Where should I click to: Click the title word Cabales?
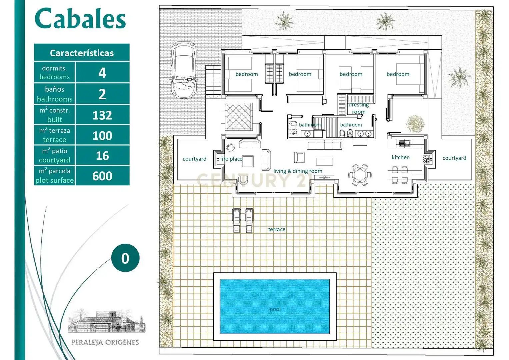80,18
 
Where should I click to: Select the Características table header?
82,53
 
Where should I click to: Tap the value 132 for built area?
102,115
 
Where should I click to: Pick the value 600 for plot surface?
102,176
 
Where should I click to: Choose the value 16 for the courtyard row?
102,156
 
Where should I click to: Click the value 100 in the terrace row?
102,135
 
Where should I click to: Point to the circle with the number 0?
125,258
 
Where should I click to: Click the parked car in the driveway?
184,70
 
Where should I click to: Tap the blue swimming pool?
275,307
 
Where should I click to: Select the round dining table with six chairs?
360,175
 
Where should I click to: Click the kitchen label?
401,157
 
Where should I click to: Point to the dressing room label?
359,108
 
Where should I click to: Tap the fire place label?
231,159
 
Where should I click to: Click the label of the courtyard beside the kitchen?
454,158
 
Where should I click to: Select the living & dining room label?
298,171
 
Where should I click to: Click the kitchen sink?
404,143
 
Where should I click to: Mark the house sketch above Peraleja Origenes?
107,321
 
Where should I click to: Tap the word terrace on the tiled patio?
277,229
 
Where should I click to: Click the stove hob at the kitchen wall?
427,159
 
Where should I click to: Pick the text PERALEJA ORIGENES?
105,342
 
